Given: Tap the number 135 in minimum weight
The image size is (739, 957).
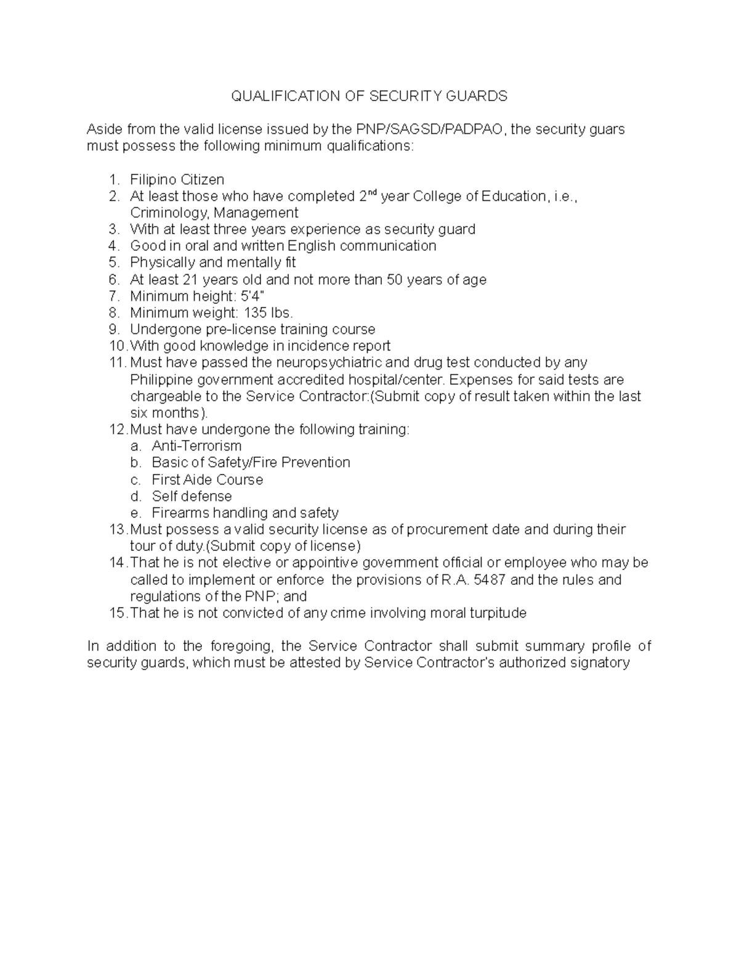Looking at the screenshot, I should pos(256,313).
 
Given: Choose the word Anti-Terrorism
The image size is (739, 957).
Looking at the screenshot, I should pos(196,446).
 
